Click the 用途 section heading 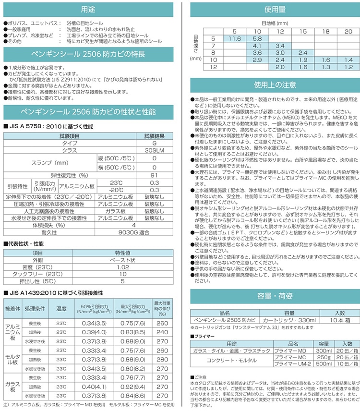(88, 10)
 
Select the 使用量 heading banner (275, 10)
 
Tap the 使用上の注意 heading (275, 85)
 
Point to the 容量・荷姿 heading (275, 295)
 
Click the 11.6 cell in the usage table (235, 38)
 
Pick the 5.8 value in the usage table (257, 38)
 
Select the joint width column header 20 (348, 31)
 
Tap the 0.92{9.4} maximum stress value (133, 387)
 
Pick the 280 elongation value (162, 359)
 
